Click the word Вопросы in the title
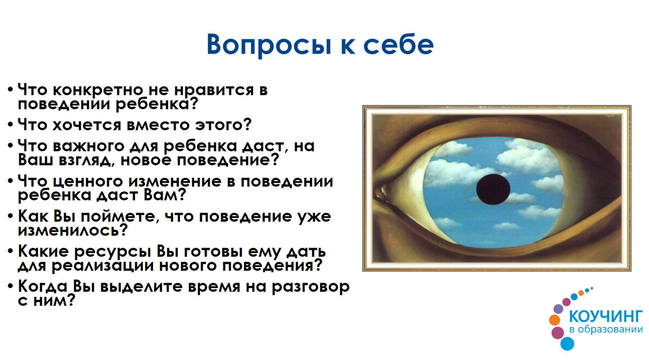260,44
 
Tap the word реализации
100,266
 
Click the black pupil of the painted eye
493,189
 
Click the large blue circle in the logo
567,343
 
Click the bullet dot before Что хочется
11,125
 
